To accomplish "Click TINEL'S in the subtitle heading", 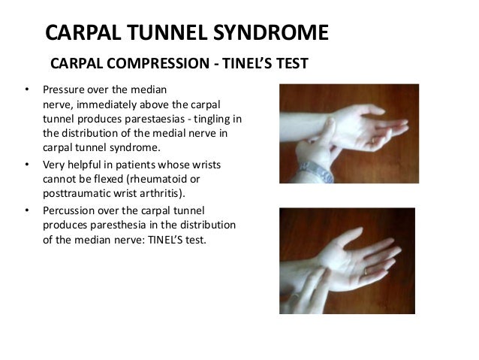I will point(254,63).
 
